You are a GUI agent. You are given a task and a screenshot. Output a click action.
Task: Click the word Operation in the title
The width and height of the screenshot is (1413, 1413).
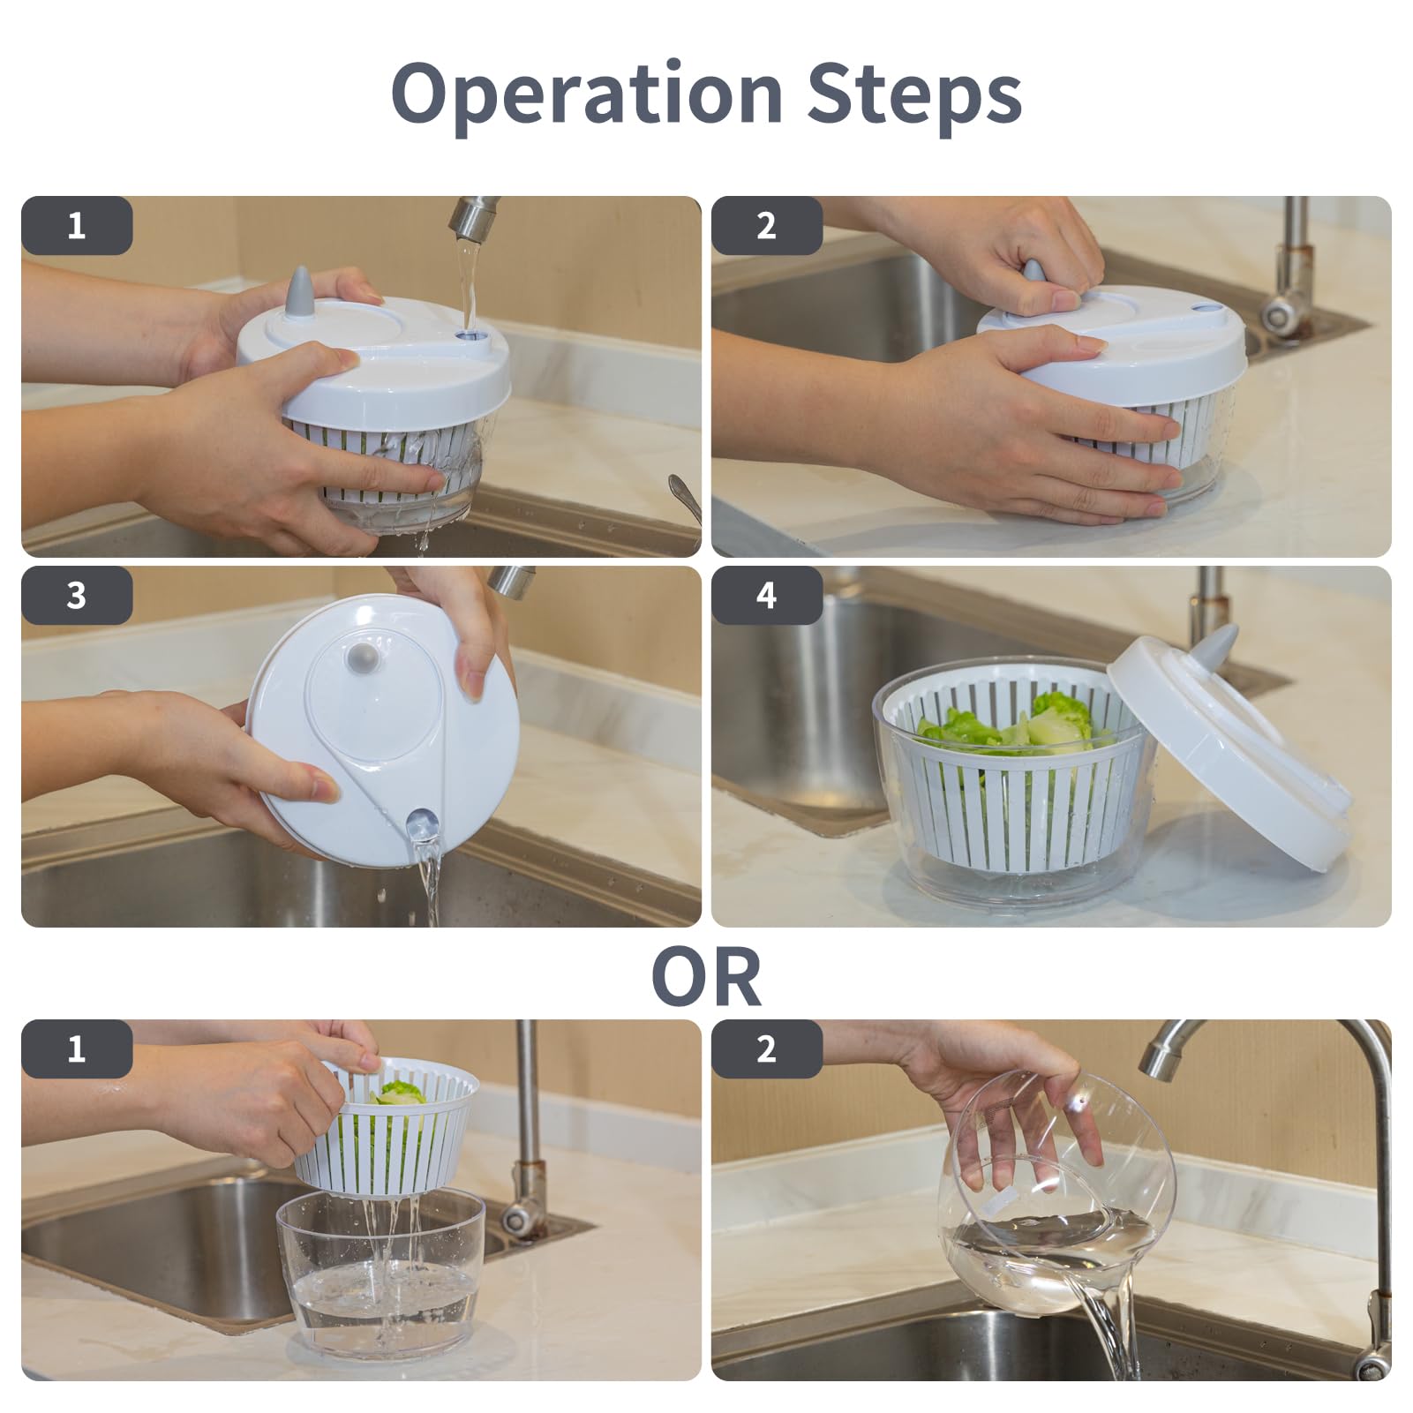coord(586,94)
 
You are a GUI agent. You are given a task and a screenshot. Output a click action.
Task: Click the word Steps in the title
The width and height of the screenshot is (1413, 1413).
coord(914,94)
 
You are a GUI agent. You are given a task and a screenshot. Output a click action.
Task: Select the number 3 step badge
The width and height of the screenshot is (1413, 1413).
coord(77,596)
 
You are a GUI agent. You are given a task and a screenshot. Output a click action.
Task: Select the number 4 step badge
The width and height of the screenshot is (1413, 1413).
coord(766,596)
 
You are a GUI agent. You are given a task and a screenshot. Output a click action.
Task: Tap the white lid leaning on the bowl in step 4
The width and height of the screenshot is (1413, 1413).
coord(1229,741)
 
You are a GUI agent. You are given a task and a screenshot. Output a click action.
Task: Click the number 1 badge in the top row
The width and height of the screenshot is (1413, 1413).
coord(77,226)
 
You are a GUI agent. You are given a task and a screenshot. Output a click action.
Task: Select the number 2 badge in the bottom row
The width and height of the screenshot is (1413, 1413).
coord(766,1049)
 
